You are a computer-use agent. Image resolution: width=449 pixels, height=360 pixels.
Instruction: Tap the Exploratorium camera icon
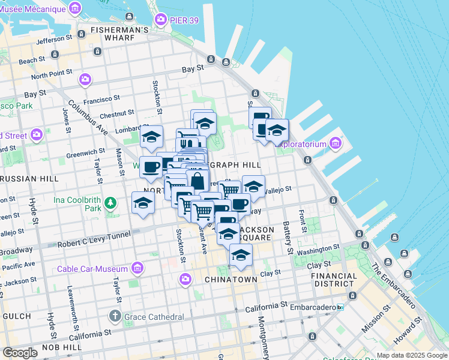point(334,144)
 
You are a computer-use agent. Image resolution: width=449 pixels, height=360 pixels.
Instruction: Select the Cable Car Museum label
point(92,269)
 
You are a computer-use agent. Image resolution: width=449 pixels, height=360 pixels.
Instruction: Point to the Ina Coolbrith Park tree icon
point(110,203)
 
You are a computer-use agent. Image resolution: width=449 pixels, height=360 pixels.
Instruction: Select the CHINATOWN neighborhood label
point(231,280)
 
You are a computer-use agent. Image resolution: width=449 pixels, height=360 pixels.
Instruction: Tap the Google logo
point(20,353)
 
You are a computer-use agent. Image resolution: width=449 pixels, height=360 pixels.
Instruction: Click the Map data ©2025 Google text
point(411,355)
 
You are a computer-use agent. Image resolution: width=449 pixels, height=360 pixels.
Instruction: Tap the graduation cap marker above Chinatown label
point(241,256)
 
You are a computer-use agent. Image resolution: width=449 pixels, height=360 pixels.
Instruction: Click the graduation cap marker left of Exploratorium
point(277,130)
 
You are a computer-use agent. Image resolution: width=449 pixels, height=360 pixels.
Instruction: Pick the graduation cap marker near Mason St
point(143,203)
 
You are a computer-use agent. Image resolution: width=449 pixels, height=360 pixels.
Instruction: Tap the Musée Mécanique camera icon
point(75,8)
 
